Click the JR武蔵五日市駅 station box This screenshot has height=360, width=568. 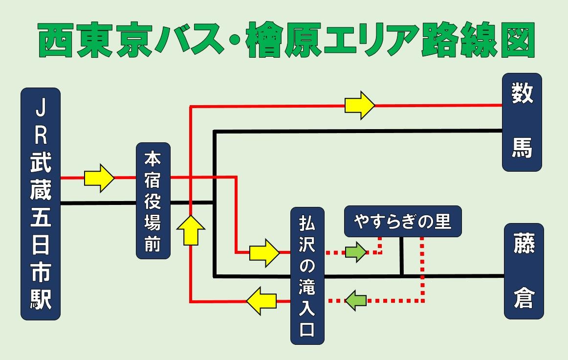click(x=41, y=203)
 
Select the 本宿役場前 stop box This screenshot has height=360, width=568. click(x=153, y=201)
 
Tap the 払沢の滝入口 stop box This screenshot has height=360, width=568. click(x=307, y=276)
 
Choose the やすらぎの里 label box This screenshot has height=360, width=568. click(x=403, y=222)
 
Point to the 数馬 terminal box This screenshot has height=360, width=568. click(x=522, y=122)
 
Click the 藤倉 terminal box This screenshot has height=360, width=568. click(x=524, y=271)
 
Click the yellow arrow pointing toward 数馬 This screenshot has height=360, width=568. click(x=360, y=105)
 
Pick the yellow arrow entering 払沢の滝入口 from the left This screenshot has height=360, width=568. click(x=264, y=252)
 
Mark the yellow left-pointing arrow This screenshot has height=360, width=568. click(x=262, y=301)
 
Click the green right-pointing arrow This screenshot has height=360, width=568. click(x=356, y=252)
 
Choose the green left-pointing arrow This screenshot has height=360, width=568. click(x=356, y=300)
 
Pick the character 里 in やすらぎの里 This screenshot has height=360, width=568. click(x=442, y=222)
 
